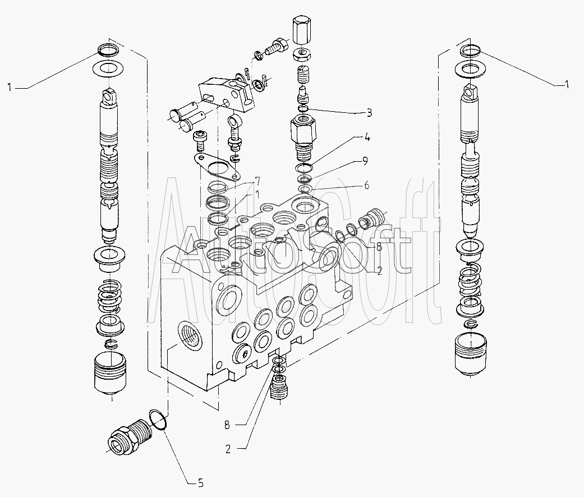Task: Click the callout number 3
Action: tap(369, 112)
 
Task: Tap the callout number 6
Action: tap(367, 185)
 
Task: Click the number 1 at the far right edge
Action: tap(566, 85)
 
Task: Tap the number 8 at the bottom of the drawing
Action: tap(227, 425)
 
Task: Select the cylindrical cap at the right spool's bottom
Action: tap(470, 353)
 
